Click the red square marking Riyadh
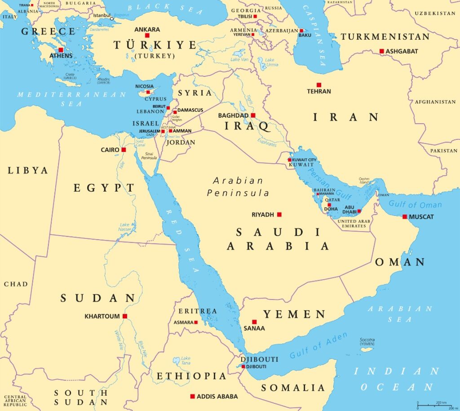tap(279, 214)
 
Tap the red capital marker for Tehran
tap(319, 85)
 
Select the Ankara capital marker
tap(147, 35)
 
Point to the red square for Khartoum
tap(124, 316)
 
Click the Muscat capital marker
tap(405, 217)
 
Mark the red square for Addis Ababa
tap(192, 396)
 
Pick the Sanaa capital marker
tap(254, 322)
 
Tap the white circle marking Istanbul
tap(112, 18)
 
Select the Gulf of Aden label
tap(318, 345)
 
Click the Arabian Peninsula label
tap(238, 187)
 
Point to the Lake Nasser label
tap(124, 228)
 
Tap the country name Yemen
tap(294, 314)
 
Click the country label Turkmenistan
tap(385, 37)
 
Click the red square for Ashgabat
tap(382, 51)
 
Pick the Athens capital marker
tap(61, 50)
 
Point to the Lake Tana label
tap(185, 361)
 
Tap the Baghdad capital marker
tap(253, 116)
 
